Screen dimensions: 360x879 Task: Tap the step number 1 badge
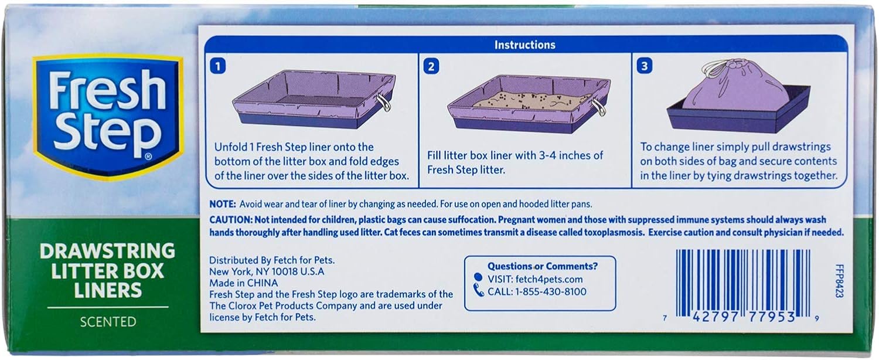217,66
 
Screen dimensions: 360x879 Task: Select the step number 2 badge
431,66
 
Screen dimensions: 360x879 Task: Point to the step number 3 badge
644,66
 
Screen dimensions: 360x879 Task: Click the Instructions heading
524,45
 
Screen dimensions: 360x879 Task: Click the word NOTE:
223,204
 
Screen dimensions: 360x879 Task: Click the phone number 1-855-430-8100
550,291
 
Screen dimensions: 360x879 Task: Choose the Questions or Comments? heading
543,266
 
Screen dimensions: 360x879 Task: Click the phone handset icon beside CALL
479,291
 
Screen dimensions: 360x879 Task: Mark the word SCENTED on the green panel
108,321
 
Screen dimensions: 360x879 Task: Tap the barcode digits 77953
769,317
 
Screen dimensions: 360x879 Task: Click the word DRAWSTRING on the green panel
108,251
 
